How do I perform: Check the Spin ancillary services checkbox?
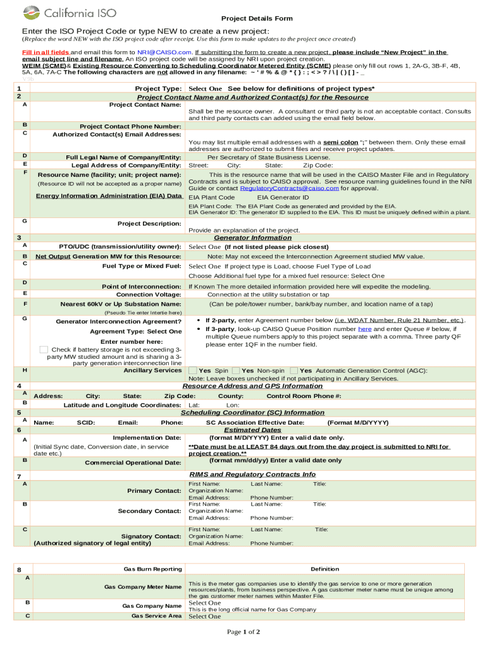pyautogui.click(x=193, y=370)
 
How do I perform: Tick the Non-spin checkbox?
pyautogui.click(x=235, y=370)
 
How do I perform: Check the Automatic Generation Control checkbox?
pyautogui.click(x=294, y=370)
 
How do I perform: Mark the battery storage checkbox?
pyautogui.click(x=44, y=349)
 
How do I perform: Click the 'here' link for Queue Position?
pyautogui.click(x=364, y=329)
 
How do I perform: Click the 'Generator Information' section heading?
pyautogui.click(x=252, y=238)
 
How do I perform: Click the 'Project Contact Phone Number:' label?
pyautogui.click(x=130, y=126)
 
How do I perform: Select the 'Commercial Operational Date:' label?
pyautogui.click(x=133, y=463)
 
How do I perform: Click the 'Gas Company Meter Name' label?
pyautogui.click(x=143, y=587)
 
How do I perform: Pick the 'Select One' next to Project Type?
pyautogui.click(x=206, y=88)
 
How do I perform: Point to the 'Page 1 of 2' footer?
pyautogui.click(x=244, y=632)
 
